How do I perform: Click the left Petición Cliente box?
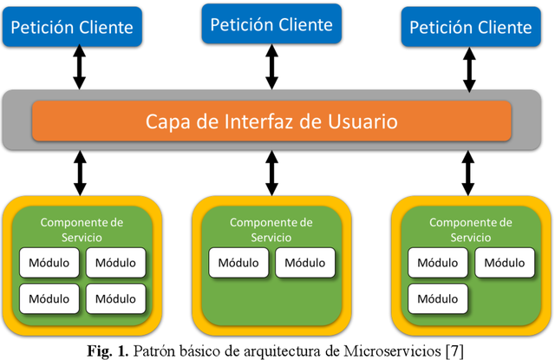click(x=72, y=27)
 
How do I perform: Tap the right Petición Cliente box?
click(x=470, y=27)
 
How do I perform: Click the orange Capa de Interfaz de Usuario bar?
click(x=271, y=121)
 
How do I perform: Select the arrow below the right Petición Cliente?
click(x=468, y=69)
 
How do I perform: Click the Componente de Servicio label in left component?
click(x=82, y=229)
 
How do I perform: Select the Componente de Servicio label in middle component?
click(x=271, y=229)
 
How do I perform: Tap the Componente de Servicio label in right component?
click(x=469, y=229)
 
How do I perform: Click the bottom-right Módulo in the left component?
click(x=115, y=298)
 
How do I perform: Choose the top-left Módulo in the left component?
click(x=50, y=262)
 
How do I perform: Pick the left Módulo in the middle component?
click(x=238, y=263)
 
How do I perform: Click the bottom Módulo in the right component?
click(x=438, y=298)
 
